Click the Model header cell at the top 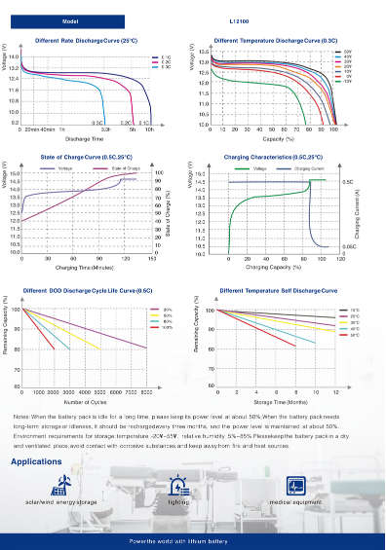[70, 19]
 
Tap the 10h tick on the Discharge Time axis [149, 128]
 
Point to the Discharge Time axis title [84, 138]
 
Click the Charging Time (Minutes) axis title [85, 267]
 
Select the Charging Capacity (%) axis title [272, 267]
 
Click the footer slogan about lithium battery [192, 538]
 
